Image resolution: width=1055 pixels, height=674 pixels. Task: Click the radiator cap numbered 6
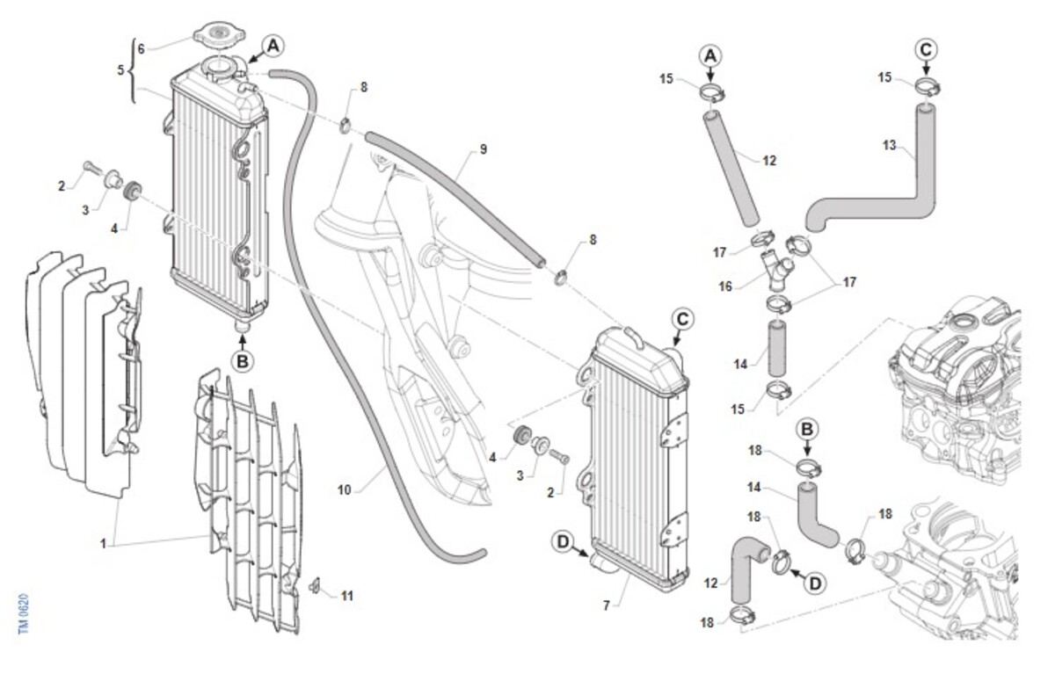(219, 35)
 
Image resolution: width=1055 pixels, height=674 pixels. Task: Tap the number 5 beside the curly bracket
(120, 70)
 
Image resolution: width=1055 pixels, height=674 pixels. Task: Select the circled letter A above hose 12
(710, 56)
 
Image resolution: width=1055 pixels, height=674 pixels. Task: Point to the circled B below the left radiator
(243, 361)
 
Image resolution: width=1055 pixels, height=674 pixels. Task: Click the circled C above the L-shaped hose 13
(926, 49)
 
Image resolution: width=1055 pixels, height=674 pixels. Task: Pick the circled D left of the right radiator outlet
(564, 541)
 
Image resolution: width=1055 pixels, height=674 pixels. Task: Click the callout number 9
(484, 149)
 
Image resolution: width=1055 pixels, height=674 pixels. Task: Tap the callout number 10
(345, 490)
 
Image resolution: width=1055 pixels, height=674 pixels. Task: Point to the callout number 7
(607, 605)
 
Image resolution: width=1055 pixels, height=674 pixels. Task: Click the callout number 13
(889, 146)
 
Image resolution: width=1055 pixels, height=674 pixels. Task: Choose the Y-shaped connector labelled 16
(776, 270)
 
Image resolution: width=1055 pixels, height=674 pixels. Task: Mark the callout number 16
(725, 286)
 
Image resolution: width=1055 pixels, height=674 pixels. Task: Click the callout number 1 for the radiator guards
(103, 544)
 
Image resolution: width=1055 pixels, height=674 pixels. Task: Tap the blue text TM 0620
(24, 613)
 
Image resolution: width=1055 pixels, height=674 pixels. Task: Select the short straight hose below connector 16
(777, 348)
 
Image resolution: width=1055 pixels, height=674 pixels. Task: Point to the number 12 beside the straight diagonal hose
(769, 161)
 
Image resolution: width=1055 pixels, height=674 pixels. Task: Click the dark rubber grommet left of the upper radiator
(133, 189)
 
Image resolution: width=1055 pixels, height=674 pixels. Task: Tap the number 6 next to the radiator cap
(141, 48)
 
